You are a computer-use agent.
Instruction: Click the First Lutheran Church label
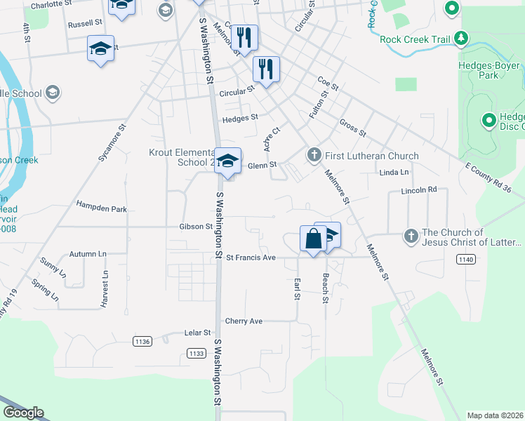point(372,156)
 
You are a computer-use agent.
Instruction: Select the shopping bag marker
point(312,239)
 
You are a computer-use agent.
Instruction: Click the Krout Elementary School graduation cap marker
point(227,161)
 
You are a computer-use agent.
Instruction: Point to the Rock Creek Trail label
point(415,39)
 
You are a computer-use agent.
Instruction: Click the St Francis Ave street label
point(251,258)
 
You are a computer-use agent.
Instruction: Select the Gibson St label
point(196,227)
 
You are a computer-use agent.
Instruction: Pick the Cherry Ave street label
point(244,321)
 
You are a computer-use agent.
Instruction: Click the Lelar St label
point(197,333)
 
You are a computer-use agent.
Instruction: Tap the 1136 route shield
point(142,342)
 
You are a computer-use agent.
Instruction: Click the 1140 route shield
point(464,260)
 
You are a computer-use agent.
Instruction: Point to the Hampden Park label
point(102,209)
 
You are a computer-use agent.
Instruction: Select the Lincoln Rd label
point(419,190)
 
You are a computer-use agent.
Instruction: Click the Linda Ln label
point(394,173)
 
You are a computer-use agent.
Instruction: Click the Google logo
point(23,413)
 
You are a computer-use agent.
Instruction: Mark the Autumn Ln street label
point(88,253)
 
